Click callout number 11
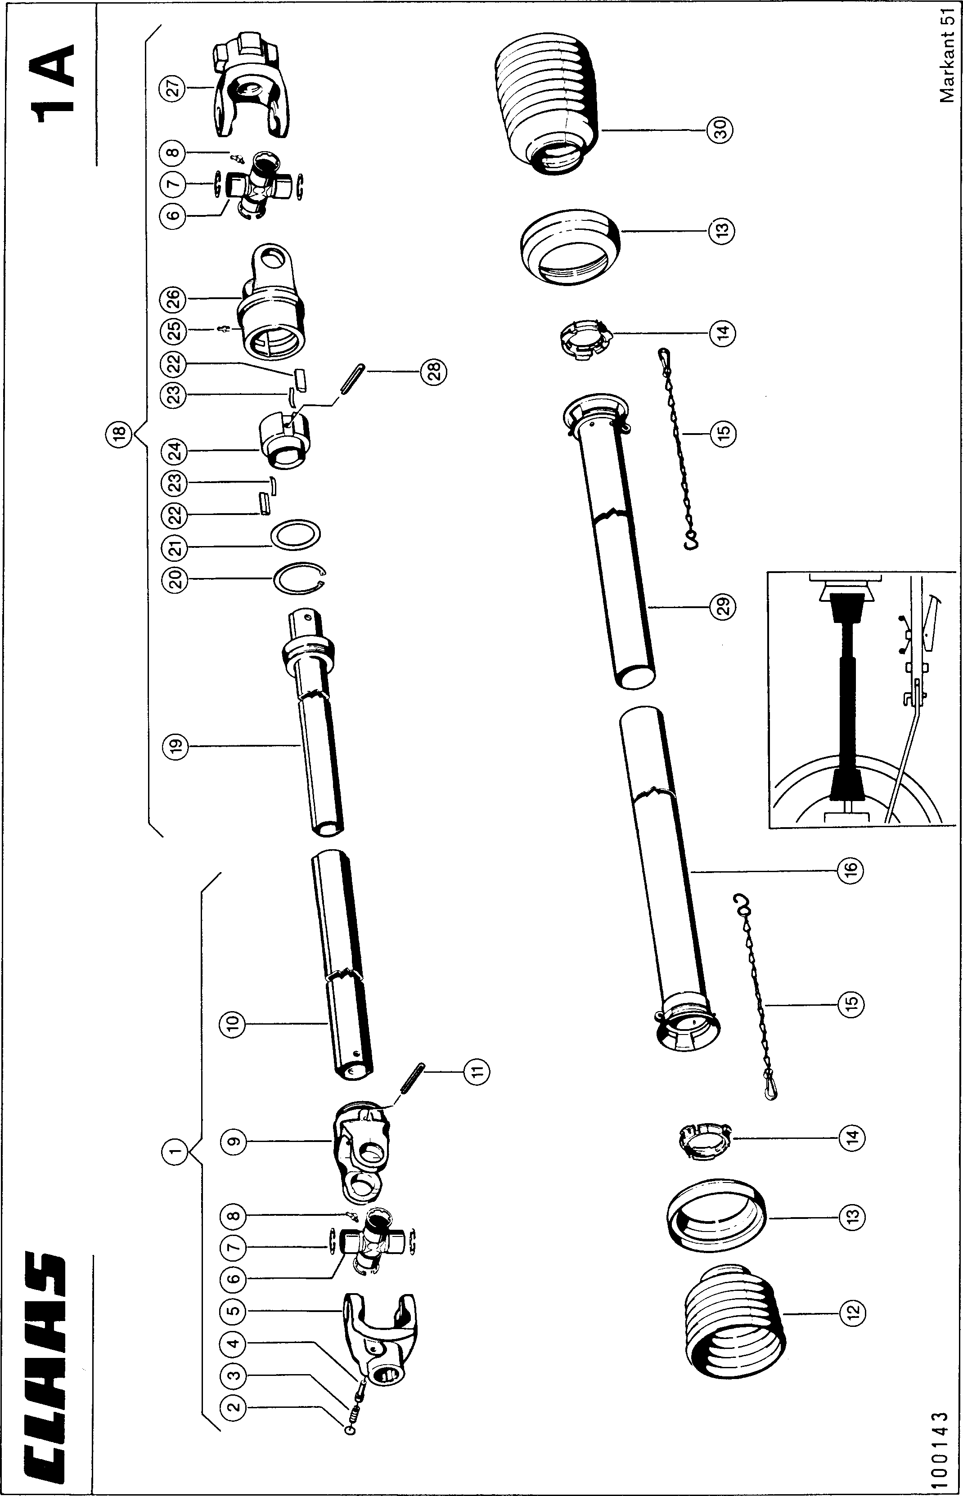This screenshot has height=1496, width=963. [x=477, y=1073]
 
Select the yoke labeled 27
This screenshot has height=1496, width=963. [x=250, y=88]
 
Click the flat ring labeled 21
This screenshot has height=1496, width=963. [x=296, y=535]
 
